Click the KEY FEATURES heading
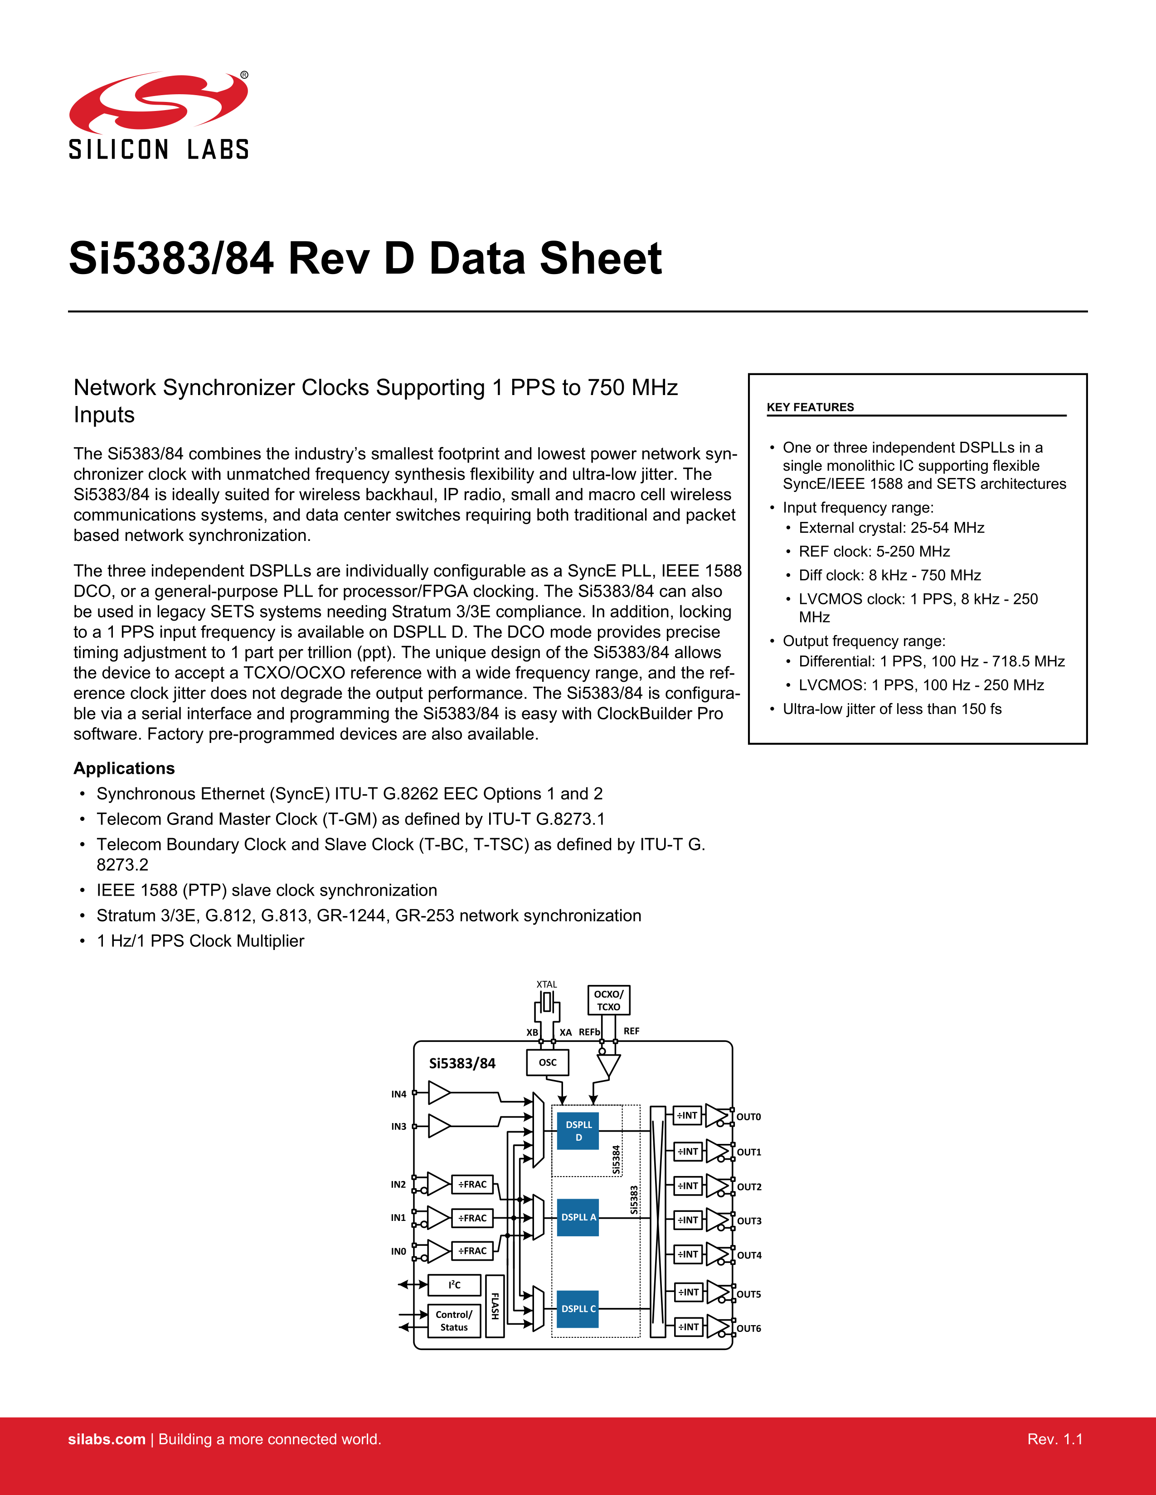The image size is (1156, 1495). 810,407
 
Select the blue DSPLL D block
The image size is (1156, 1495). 578,1131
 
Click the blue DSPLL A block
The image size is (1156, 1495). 578,1217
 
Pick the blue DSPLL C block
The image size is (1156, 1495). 578,1309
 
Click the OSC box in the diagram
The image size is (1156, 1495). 547,1062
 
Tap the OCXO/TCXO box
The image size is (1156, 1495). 608,1000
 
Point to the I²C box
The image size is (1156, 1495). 454,1285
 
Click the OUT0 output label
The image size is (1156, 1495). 748,1117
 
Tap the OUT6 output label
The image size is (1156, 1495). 748,1329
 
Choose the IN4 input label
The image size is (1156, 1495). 398,1095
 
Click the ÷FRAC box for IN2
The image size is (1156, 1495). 472,1184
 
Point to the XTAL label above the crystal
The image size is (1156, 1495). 547,984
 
